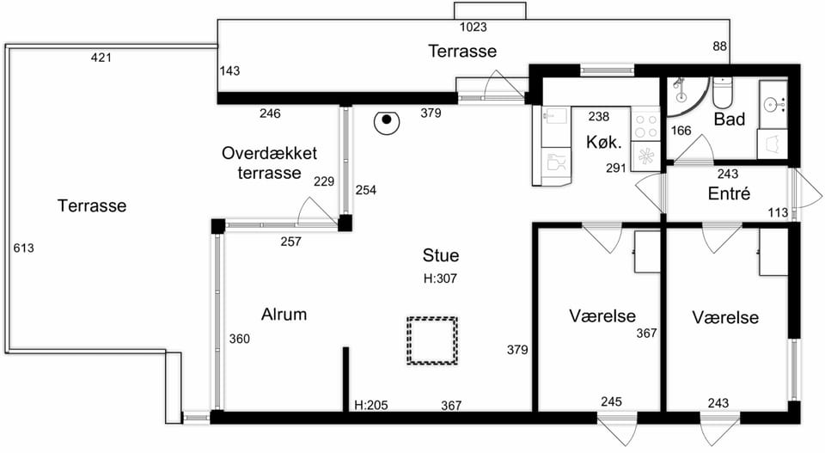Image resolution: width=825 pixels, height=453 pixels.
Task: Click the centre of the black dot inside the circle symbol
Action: coord(387,119)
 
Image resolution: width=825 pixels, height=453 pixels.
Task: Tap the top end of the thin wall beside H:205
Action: coord(345,347)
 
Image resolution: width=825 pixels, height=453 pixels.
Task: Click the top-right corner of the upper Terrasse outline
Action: coord(730,20)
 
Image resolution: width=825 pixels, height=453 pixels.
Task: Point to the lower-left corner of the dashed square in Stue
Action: coord(407,364)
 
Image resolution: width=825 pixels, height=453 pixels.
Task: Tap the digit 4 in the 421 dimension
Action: coord(95,58)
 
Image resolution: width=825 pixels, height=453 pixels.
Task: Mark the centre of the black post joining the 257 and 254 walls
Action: coord(345,223)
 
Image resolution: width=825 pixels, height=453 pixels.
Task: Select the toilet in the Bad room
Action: coord(722,93)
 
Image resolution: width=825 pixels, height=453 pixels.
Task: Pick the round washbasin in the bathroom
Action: coord(773,104)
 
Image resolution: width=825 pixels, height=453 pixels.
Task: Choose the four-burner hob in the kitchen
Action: coord(645,125)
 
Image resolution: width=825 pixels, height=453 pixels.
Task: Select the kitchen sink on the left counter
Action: coord(556,117)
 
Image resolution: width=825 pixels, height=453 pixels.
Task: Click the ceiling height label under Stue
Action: coord(440,279)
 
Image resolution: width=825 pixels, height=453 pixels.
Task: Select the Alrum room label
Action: coord(284,314)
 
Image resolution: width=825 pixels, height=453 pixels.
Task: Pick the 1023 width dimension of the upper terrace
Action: coord(474,27)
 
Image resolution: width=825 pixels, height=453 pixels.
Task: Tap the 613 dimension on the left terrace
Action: coord(24,248)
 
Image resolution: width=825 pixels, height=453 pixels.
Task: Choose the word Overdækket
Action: coord(269,153)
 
